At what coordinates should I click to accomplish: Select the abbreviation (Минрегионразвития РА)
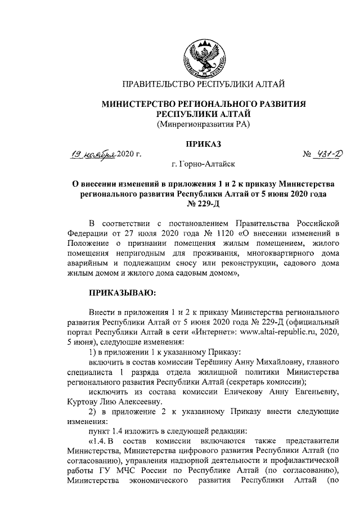pos(203,124)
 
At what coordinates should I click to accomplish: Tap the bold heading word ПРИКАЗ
pos(203,144)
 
